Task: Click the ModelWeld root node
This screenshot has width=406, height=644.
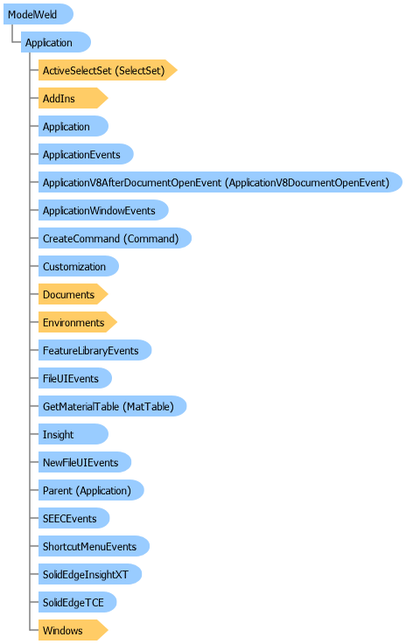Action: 38,14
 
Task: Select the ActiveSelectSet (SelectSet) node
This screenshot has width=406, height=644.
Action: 108,70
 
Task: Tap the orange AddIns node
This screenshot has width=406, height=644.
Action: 73,98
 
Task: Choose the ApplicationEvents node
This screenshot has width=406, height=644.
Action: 86,154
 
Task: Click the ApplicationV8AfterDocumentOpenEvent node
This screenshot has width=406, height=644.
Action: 220,182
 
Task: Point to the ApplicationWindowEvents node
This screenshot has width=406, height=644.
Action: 103,210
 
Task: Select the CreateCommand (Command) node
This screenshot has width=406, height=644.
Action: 115,238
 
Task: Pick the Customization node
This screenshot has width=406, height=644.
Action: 79,266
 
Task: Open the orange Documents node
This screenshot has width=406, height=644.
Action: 73,295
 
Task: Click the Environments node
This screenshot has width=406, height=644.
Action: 78,322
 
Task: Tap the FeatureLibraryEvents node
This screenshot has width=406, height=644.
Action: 94,350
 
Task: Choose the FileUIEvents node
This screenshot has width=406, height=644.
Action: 75,378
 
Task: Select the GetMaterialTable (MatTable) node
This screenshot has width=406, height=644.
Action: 113,406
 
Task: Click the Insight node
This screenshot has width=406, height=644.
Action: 73,434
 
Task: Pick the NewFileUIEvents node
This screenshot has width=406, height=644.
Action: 85,463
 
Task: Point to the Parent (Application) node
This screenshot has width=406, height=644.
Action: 91,490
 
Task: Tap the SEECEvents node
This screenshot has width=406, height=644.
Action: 73,518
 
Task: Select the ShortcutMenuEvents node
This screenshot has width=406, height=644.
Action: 94,546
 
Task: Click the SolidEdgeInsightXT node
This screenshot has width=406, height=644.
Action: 90,574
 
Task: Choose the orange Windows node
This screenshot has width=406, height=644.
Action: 73,631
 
